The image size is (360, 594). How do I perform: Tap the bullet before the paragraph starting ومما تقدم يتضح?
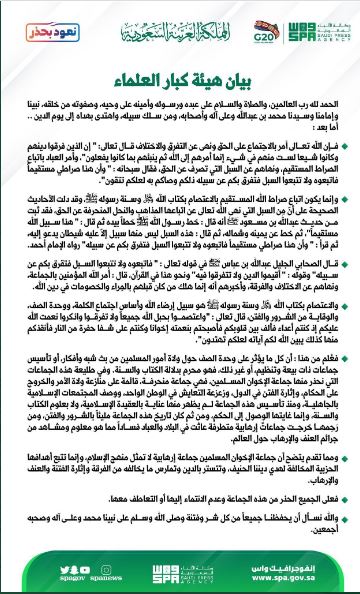347,481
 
